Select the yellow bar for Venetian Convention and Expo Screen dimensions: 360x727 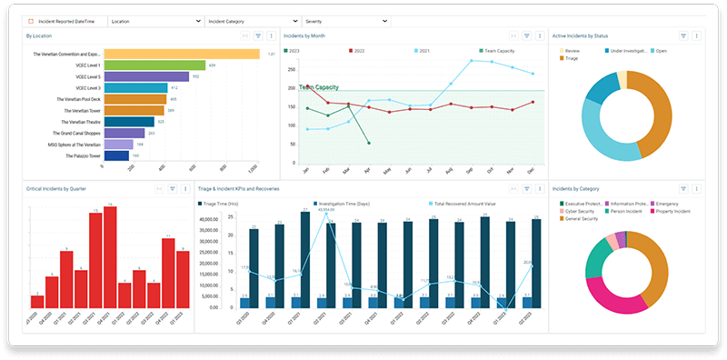pos(182,54)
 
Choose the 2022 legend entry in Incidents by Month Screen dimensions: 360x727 pos(357,51)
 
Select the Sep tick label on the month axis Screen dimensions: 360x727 pos(470,170)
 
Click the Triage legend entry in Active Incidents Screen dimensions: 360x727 pos(573,58)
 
